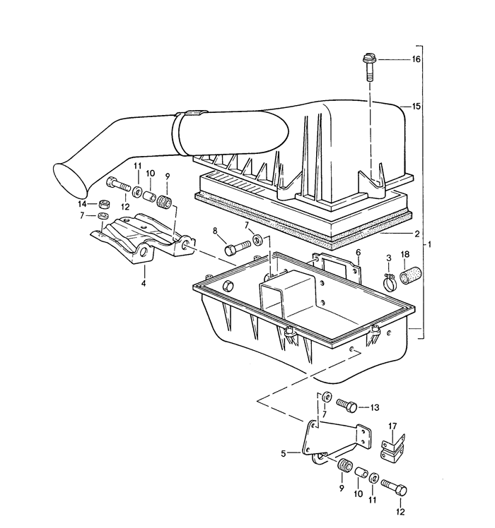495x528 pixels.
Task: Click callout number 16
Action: [417, 59]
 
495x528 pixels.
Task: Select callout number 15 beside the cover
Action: [417, 107]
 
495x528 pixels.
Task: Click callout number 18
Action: [405, 255]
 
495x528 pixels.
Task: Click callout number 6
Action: [359, 252]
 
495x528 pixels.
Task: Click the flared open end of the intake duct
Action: [71, 177]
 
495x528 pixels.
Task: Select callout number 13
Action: [374, 407]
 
